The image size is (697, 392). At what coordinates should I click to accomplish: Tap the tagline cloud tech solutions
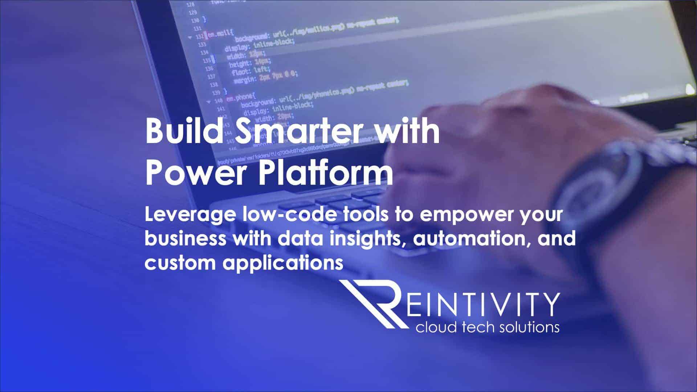point(487,327)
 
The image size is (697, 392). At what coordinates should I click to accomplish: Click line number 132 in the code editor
point(199,37)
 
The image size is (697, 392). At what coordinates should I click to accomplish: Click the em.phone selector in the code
point(241,97)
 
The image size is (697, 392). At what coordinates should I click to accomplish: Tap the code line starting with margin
point(265,77)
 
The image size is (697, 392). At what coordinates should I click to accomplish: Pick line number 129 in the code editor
point(192,12)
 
